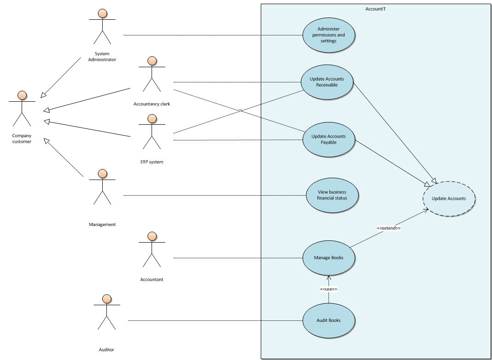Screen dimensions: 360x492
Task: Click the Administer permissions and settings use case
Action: click(329, 35)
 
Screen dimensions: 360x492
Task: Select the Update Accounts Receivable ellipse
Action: click(327, 82)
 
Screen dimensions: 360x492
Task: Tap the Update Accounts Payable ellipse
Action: click(328, 139)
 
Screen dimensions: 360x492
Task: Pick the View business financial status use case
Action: click(332, 195)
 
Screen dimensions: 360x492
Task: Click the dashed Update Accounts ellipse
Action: click(449, 199)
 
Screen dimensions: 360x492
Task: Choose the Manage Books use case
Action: click(328, 258)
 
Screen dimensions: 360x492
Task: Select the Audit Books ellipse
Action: click(328, 320)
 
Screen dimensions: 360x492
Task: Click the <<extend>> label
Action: click(388, 228)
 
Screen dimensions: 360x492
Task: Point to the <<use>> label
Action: click(328, 289)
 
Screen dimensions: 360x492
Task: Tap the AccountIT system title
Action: click(375, 9)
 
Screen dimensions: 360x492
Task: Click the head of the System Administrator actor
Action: click(102, 14)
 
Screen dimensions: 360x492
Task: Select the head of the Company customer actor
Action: click(22, 96)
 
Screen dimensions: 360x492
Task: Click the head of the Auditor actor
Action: click(107, 299)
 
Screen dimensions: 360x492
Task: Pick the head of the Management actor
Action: click(102, 174)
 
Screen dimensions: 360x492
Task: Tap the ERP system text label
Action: click(152, 162)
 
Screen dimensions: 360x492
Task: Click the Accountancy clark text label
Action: click(152, 104)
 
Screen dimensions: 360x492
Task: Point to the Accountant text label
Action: click(152, 279)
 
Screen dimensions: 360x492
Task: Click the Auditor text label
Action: click(106, 349)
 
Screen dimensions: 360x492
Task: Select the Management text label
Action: click(102, 225)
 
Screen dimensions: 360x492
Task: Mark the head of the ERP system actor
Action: click(152, 119)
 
